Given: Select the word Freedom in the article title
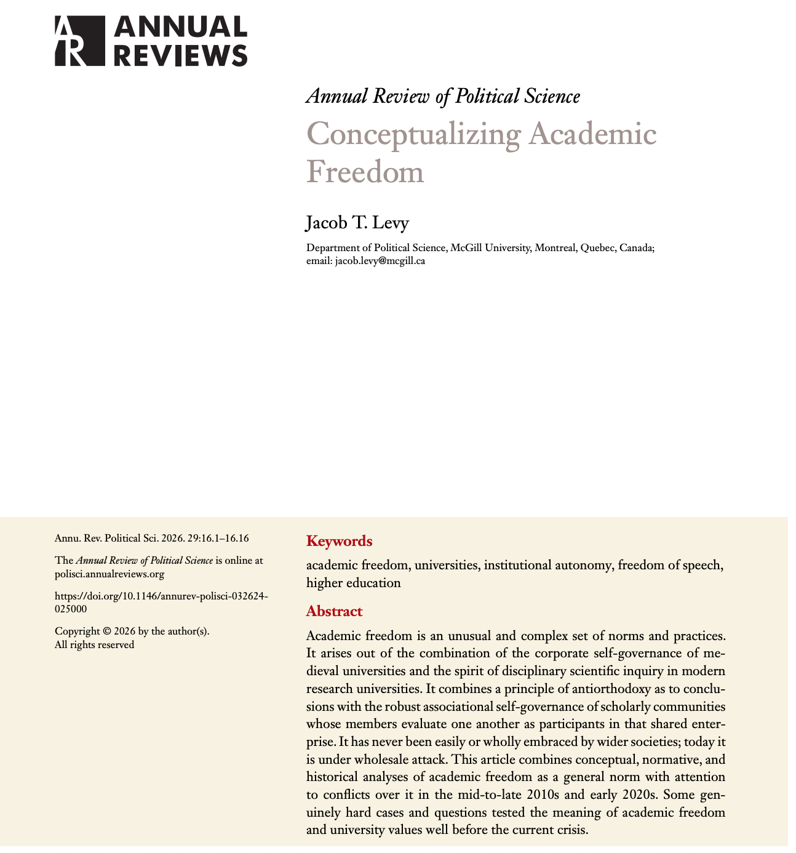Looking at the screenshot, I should [365, 171].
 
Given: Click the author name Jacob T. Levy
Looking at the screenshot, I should [357, 223].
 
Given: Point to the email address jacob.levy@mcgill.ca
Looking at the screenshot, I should [380, 260].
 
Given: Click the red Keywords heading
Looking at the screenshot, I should [339, 542].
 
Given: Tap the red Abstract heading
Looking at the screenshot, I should [334, 611].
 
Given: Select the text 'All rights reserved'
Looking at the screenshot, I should [94, 645].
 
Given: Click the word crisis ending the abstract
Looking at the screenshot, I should [572, 829].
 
